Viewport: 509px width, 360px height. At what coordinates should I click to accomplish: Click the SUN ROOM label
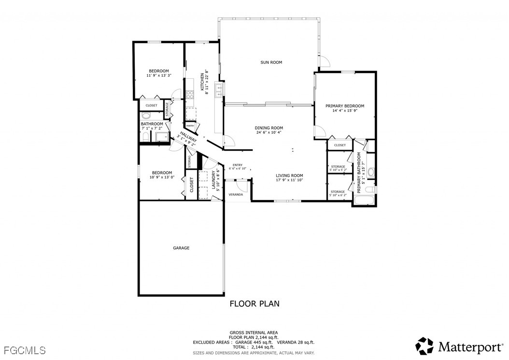271,62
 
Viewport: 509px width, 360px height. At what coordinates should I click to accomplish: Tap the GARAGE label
181,248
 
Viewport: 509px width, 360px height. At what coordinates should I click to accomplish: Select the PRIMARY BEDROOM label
345,106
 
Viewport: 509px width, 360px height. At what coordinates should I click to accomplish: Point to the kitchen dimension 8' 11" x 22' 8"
206,82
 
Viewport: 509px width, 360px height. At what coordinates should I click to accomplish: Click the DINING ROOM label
269,128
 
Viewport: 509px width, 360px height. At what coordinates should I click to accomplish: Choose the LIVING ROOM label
289,175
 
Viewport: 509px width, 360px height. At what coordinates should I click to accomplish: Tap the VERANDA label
236,195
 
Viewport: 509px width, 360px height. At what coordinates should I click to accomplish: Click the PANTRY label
190,126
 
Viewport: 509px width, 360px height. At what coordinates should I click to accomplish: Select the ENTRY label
237,165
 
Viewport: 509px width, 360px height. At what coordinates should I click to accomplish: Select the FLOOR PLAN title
254,303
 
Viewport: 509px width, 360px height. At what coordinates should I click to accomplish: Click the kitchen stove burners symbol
190,95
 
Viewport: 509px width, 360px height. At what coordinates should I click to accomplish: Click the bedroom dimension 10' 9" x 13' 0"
162,177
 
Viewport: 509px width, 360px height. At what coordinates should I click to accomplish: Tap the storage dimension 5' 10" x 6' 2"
338,195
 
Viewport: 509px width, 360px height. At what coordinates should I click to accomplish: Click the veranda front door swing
242,186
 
